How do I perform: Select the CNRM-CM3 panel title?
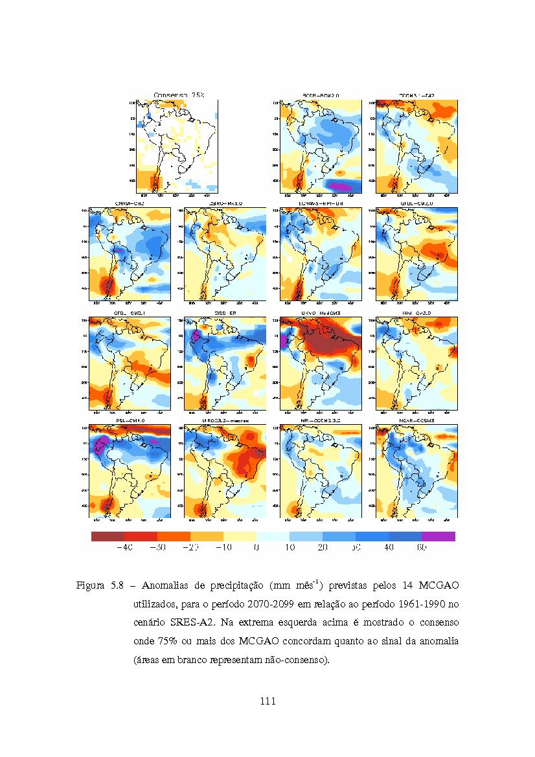coord(130,204)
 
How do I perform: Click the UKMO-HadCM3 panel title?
coord(321,313)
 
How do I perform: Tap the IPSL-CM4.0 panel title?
coord(130,422)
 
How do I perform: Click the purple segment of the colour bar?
coord(438,536)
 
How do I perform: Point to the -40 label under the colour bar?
coord(124,548)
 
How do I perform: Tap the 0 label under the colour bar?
coord(256,548)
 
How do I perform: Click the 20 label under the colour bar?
coord(323,548)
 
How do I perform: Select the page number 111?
coord(267,701)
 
